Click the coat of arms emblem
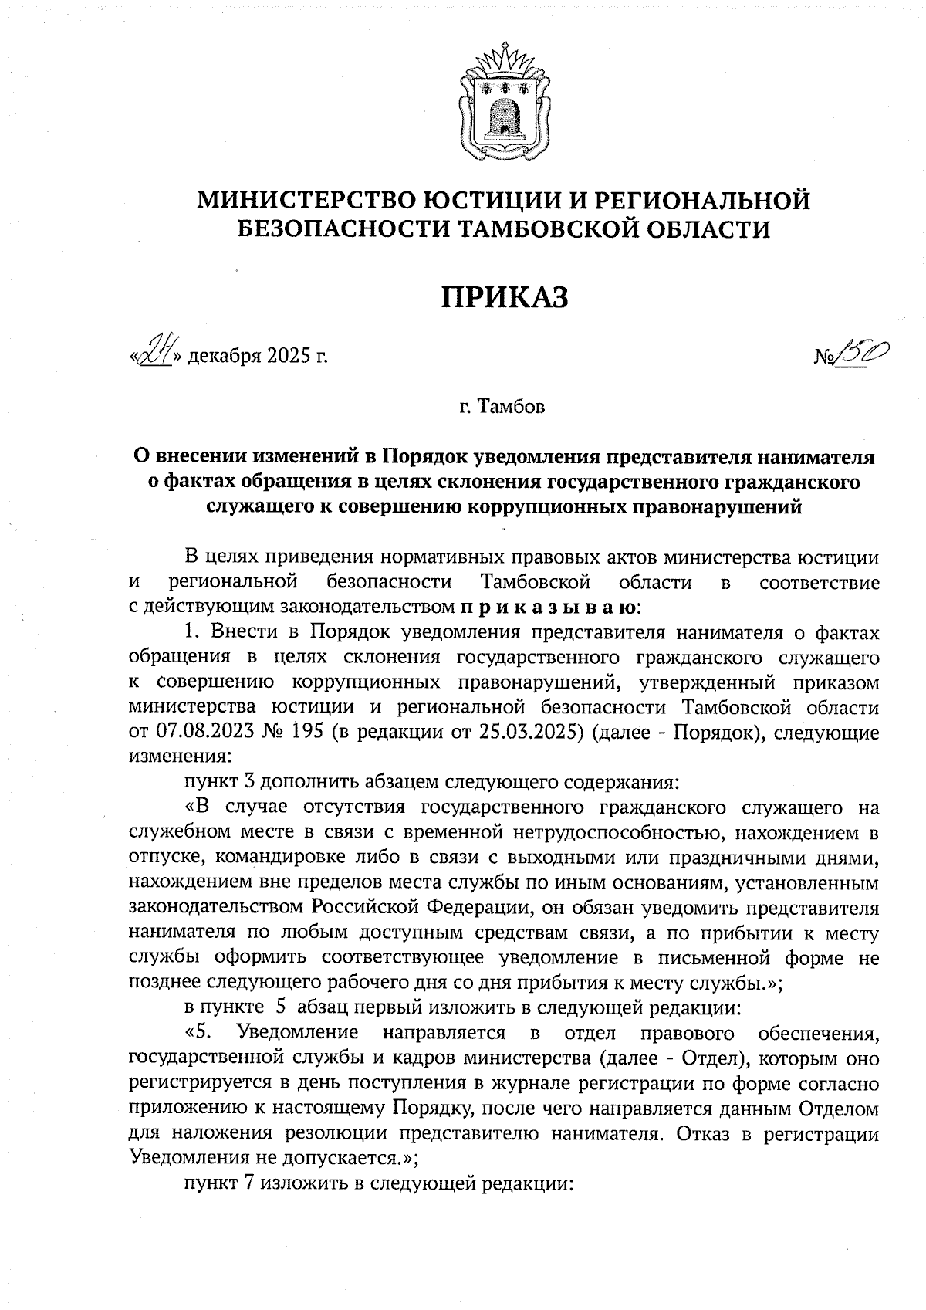pos(504,103)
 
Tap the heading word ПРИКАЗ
pos(505,297)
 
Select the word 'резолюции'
pos(338,1134)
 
